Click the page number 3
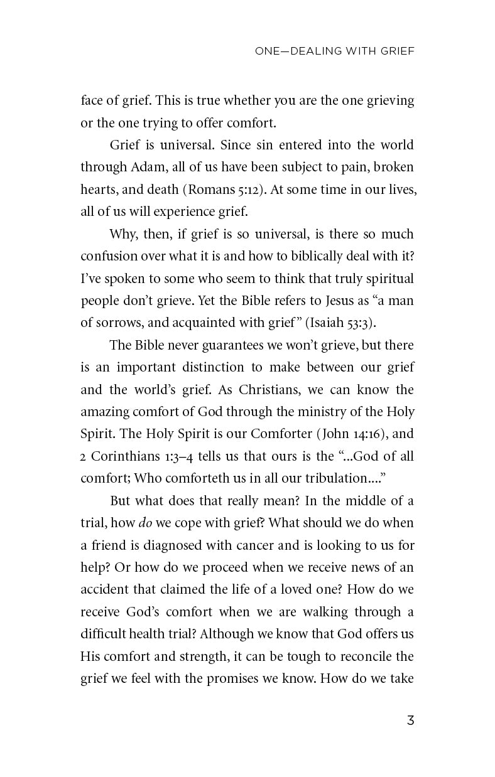coord(410,721)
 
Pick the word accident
coord(104,590)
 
